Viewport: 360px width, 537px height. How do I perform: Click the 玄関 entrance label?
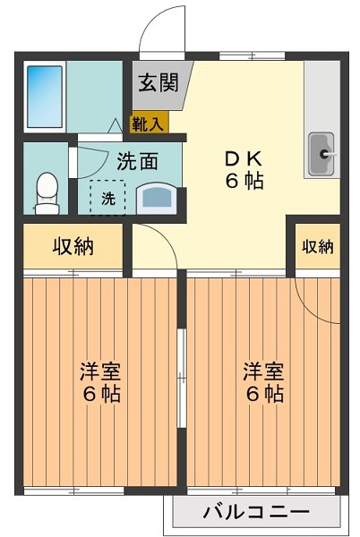157,86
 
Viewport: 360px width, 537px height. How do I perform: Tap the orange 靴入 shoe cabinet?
149,124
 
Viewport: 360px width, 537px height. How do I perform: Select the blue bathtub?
42,94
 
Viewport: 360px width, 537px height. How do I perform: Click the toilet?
46,191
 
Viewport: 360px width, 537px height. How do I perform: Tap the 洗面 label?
139,163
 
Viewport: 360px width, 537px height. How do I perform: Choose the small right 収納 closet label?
318,246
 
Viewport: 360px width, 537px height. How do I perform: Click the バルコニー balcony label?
255,514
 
